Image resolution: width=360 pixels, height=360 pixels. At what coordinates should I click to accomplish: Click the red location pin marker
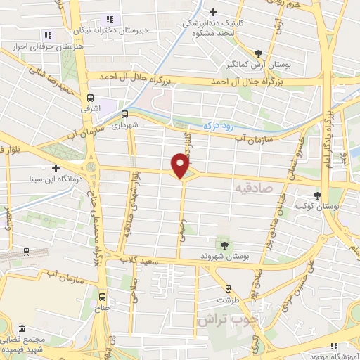(x=181, y=165)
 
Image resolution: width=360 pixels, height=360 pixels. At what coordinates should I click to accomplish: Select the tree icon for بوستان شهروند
(x=224, y=244)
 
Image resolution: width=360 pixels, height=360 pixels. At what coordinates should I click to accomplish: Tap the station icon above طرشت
(x=228, y=288)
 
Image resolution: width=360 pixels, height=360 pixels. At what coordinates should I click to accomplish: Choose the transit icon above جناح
(x=103, y=296)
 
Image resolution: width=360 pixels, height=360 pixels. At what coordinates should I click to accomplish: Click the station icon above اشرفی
(x=90, y=98)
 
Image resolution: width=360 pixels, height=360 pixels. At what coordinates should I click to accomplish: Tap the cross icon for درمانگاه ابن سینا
(x=56, y=168)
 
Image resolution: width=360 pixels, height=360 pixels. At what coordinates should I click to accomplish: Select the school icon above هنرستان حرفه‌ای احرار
(x=48, y=34)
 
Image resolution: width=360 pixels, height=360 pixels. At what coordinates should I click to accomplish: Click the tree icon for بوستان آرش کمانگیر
(x=259, y=53)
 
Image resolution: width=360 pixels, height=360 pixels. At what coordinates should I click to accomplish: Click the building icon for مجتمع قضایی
(x=23, y=329)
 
